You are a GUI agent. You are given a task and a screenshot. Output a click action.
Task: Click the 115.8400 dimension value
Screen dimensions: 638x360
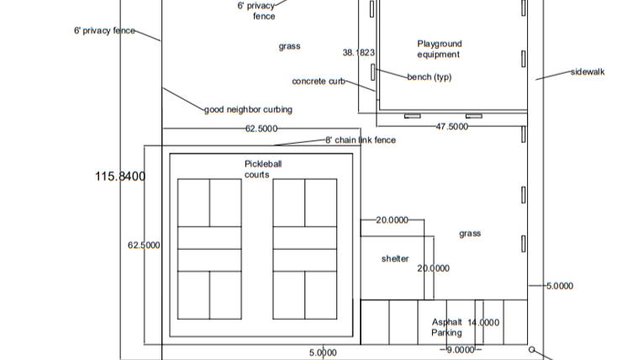tap(120, 177)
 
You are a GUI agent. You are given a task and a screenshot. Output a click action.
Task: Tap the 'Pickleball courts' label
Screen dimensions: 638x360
tap(263, 169)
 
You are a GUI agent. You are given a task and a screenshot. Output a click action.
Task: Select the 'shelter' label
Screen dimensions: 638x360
tap(395, 258)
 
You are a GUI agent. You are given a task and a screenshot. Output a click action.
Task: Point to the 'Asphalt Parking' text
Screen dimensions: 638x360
tap(446, 327)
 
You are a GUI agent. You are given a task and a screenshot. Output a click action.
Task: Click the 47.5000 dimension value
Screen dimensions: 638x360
tap(451, 127)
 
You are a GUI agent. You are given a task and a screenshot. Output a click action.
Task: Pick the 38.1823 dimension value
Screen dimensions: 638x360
tap(358, 52)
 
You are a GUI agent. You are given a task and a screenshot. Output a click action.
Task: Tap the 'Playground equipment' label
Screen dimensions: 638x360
tap(440, 49)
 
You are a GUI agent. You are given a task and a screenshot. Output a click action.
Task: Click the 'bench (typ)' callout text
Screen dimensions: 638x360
tap(430, 77)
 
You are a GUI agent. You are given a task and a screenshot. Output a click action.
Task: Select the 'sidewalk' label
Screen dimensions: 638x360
tap(588, 72)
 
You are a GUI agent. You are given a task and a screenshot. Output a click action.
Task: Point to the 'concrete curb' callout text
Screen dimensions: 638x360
tap(319, 82)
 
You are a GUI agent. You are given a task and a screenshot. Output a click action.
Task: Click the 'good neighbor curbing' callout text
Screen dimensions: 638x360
tap(248, 109)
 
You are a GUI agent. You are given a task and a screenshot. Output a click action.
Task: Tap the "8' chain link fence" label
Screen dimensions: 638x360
tap(361, 140)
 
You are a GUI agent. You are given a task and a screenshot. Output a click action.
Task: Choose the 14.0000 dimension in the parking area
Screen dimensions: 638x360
tap(483, 322)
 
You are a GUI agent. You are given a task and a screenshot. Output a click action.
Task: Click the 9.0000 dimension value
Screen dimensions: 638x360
tap(460, 350)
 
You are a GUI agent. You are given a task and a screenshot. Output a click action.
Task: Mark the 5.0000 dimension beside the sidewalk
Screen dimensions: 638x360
tap(560, 286)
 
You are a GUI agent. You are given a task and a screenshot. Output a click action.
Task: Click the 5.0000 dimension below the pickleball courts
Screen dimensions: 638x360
tap(323, 352)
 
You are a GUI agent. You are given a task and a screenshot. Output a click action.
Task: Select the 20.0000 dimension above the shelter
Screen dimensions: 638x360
tap(392, 220)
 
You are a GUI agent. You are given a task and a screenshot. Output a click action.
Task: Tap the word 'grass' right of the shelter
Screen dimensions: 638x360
tap(470, 234)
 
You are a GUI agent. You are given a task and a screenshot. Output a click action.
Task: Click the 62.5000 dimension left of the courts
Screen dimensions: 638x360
tap(144, 245)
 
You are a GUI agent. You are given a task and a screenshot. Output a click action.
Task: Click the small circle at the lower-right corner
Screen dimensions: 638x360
tap(531, 349)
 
